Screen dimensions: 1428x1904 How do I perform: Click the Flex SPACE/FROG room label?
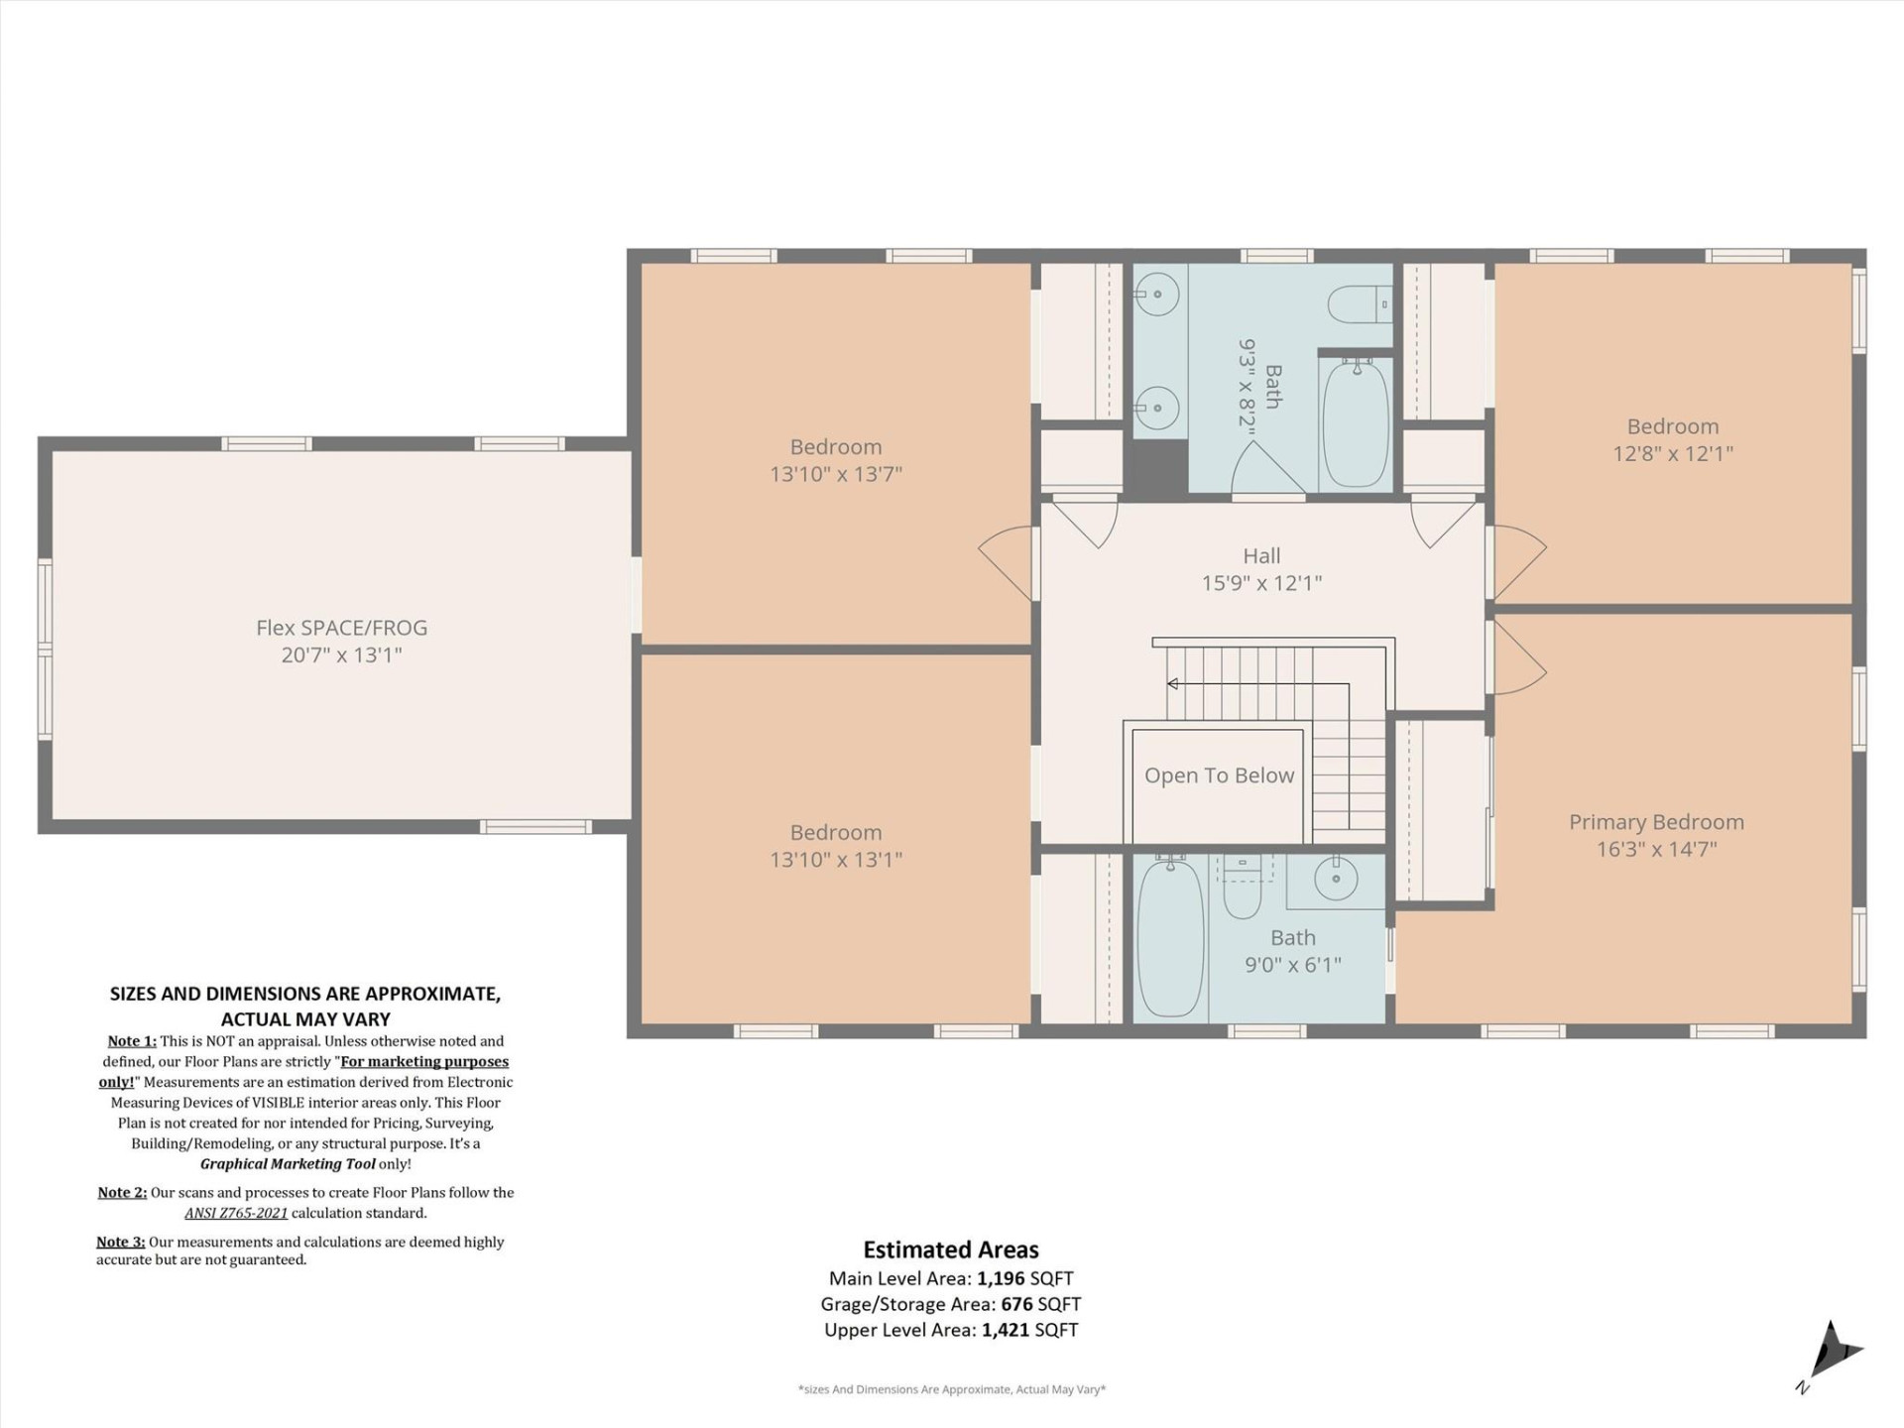341,628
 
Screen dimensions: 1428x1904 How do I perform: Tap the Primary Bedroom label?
1656,822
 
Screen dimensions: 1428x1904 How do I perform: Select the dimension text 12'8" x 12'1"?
1673,453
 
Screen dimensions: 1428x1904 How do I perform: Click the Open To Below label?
1219,775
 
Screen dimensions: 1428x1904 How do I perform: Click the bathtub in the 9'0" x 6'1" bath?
1170,938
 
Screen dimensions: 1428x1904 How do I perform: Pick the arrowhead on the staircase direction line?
1173,684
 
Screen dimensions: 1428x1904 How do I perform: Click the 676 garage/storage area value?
1015,1304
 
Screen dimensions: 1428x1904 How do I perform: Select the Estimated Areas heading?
950,1249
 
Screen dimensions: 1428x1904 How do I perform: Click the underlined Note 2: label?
122,1192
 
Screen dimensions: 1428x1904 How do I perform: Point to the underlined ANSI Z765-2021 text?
236,1213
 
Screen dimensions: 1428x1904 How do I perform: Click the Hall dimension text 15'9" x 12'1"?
1261,583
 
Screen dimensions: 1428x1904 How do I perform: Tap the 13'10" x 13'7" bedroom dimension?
836,474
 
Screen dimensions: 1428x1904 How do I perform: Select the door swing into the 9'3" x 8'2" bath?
1264,471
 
